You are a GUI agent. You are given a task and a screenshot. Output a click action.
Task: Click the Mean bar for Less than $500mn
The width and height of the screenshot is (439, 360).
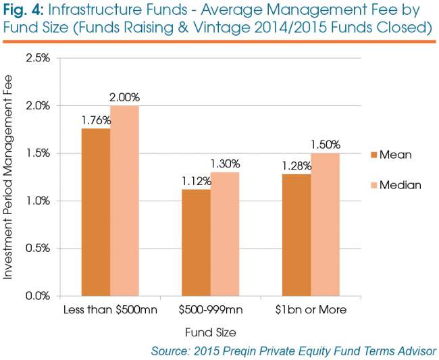[x=96, y=212]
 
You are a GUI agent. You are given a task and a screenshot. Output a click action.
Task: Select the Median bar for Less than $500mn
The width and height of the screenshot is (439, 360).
[x=124, y=201]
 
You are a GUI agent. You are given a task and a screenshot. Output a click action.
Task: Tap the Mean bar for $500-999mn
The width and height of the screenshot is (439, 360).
[x=197, y=242]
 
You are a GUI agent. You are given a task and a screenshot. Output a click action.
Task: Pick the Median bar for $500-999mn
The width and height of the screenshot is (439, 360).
[x=225, y=234]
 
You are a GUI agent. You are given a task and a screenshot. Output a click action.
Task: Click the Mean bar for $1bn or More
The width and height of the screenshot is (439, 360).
[x=296, y=235]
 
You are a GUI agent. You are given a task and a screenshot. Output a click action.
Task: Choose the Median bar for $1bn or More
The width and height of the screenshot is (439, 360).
[x=326, y=224]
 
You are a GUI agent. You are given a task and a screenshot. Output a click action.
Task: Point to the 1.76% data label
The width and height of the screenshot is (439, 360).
[x=97, y=120]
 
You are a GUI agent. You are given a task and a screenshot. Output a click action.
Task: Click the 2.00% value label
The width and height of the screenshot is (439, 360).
[x=124, y=97]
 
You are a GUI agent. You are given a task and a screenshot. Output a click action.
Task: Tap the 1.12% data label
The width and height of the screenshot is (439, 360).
[x=197, y=182]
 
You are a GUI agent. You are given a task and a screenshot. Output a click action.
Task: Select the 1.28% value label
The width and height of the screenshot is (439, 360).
[x=296, y=166]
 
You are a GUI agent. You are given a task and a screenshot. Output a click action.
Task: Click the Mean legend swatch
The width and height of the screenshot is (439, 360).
[x=373, y=155]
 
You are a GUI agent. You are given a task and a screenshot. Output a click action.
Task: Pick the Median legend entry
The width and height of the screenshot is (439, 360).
[x=396, y=185]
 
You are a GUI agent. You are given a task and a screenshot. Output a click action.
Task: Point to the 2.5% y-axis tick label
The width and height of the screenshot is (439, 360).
[x=38, y=58]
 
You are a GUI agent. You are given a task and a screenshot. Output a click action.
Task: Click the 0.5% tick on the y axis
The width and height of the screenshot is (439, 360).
[x=38, y=249]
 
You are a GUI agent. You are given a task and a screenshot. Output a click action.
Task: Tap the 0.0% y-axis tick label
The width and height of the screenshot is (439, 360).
[x=38, y=296]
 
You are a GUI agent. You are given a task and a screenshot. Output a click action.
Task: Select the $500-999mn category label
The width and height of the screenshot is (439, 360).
[x=211, y=309]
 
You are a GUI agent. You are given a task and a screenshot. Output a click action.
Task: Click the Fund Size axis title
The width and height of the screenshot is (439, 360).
[x=211, y=332]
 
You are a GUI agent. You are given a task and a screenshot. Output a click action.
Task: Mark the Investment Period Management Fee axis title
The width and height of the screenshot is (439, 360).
[x=8, y=177]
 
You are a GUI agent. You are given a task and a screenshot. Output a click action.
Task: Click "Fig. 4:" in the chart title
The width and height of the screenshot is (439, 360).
[x=23, y=10]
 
